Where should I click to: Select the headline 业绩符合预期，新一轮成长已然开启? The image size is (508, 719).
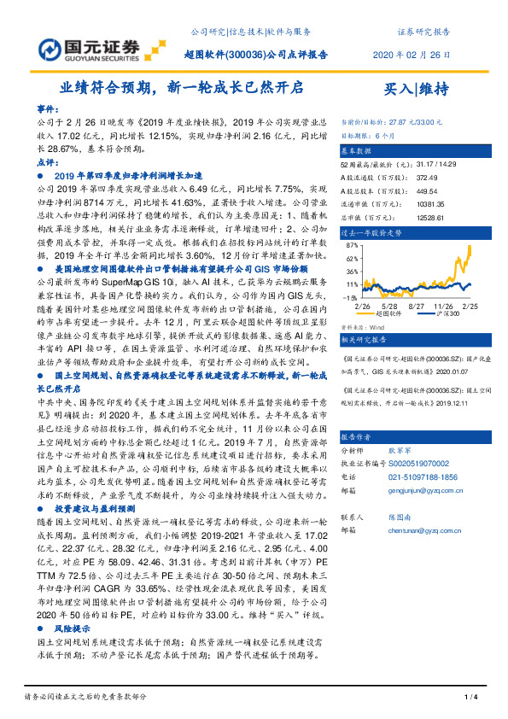181,87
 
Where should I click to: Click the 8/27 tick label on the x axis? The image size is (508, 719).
417,305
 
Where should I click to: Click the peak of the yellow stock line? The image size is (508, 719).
470,247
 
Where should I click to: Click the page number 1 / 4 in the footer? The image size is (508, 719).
469,698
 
